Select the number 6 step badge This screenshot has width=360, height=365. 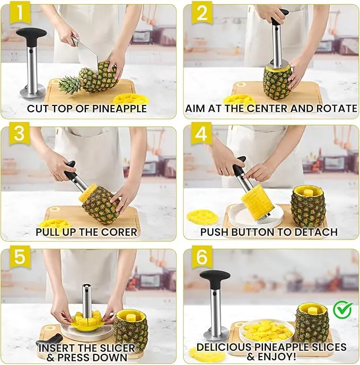point(202,256)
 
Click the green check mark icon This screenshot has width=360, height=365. point(343,310)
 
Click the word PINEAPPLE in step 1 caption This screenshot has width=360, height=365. point(119,109)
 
